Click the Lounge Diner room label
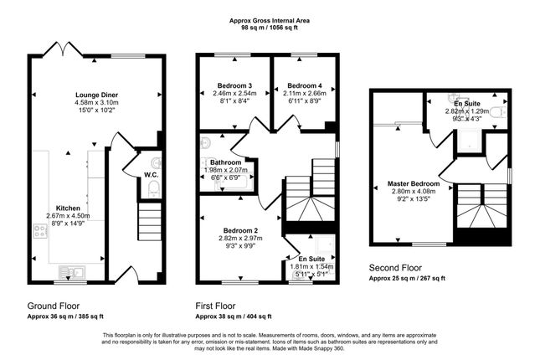coord(96,95)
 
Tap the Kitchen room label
coord(68,208)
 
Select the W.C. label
coord(152,175)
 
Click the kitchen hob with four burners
coord(40,231)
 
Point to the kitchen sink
coord(72,272)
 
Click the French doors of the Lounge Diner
coord(63,49)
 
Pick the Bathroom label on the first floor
coord(225,162)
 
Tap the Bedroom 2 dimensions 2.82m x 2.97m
coord(240,239)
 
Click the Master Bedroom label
coord(414,183)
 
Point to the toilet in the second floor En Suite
coord(498,112)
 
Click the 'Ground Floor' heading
coord(54,306)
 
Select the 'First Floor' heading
coord(216,306)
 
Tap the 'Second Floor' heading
coord(395,268)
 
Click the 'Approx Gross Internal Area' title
coord(270,21)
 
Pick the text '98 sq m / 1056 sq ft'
coord(270,28)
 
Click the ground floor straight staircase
coord(150,222)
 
